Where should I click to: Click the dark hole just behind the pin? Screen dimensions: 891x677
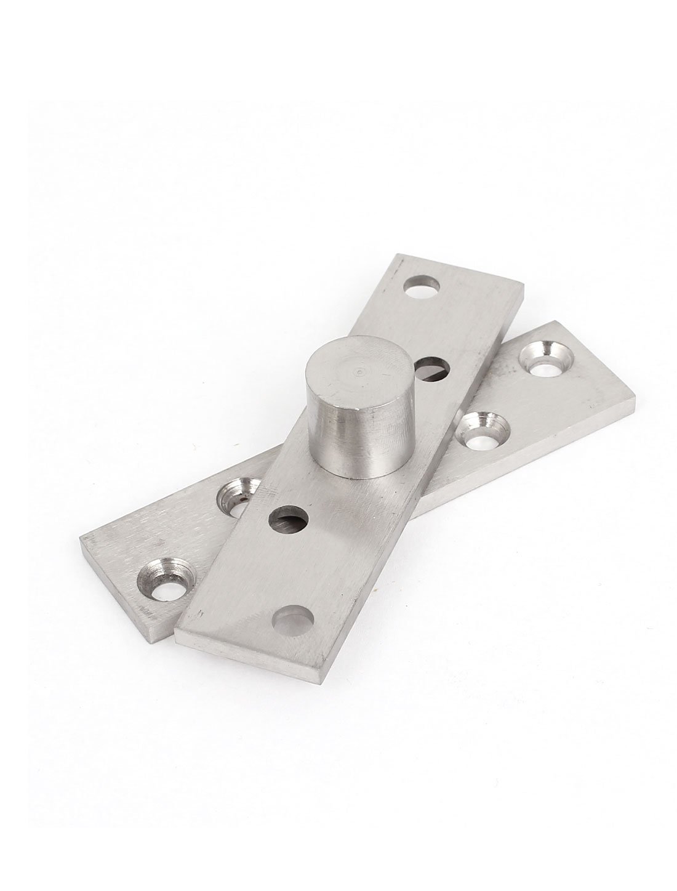click(x=432, y=369)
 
